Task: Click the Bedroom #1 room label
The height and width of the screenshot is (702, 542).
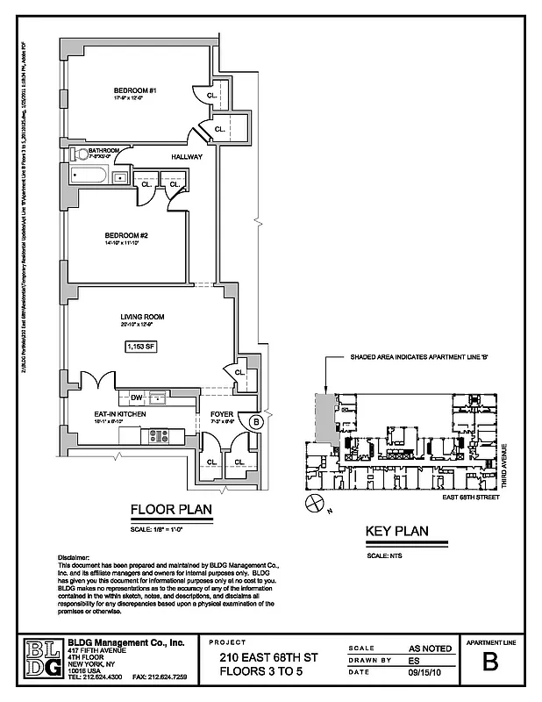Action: [x=134, y=90]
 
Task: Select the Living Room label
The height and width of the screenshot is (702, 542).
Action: [x=143, y=317]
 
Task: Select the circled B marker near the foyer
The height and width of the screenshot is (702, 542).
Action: [x=256, y=421]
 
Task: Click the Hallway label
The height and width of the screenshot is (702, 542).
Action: [x=187, y=157]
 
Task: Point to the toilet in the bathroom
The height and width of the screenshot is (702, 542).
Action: [x=82, y=153]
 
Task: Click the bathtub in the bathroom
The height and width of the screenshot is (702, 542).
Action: [x=88, y=176]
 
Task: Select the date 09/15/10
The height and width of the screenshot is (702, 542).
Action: [x=427, y=673]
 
